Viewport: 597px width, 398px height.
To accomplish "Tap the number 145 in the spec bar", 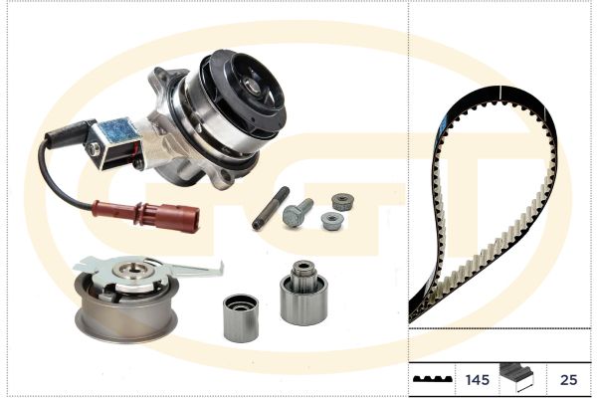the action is click(x=477, y=380).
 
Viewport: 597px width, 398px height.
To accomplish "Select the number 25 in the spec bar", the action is click(x=568, y=380).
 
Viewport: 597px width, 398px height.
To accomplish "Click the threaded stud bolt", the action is click(x=271, y=208).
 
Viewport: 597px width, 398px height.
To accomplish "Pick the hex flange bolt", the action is click(x=298, y=212).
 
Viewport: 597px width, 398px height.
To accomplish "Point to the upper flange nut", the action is click(x=342, y=202).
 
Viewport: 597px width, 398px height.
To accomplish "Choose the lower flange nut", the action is click(x=332, y=221).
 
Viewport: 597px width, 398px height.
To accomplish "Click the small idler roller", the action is click(x=241, y=317).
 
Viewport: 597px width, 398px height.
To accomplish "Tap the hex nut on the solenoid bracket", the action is click(x=94, y=148).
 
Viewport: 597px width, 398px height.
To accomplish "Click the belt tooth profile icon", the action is click(x=433, y=379).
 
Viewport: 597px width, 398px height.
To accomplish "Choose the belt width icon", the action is click(x=516, y=377).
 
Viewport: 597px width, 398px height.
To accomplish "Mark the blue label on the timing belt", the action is click(x=443, y=126).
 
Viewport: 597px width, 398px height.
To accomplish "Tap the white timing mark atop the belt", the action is click(x=500, y=92).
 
